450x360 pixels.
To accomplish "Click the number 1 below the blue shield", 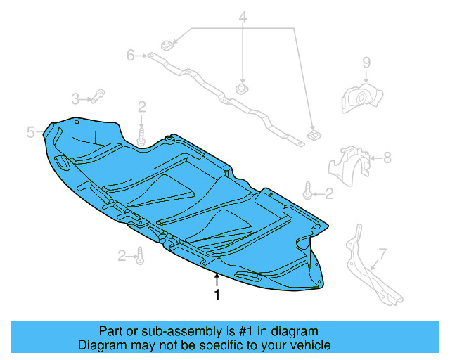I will (x=217, y=296).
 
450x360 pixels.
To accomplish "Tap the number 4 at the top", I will (x=243, y=17).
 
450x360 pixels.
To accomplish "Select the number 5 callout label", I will (x=31, y=131).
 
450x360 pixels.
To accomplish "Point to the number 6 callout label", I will (x=131, y=55).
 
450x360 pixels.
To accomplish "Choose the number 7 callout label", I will (x=382, y=253).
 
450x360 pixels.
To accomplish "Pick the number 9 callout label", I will (x=366, y=64).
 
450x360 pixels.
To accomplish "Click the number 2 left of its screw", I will (x=122, y=255).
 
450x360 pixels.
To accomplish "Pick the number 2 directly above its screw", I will (x=142, y=107).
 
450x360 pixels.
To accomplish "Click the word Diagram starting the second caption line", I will (x=100, y=345).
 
